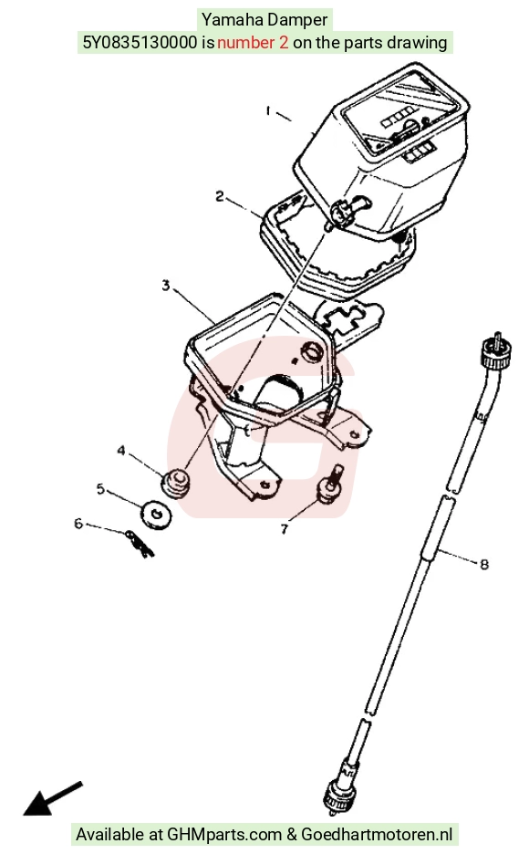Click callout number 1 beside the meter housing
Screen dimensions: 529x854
(x=268, y=111)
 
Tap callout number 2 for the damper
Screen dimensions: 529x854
(x=220, y=196)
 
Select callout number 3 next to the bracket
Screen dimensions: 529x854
(x=166, y=285)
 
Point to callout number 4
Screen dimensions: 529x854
(x=121, y=451)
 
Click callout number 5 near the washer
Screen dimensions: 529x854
(x=100, y=488)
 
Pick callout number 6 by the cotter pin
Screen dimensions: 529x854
(x=78, y=524)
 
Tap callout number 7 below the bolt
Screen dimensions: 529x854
(x=284, y=529)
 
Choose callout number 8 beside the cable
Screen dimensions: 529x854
(x=483, y=564)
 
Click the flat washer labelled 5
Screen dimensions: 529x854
(x=156, y=514)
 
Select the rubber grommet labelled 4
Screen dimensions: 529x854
(x=176, y=482)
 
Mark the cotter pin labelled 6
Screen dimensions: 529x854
(x=140, y=544)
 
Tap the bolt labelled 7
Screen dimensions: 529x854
(x=331, y=483)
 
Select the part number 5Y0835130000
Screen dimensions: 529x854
(x=140, y=43)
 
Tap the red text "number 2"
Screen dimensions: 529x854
(x=253, y=43)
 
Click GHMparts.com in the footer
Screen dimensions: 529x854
(x=224, y=835)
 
